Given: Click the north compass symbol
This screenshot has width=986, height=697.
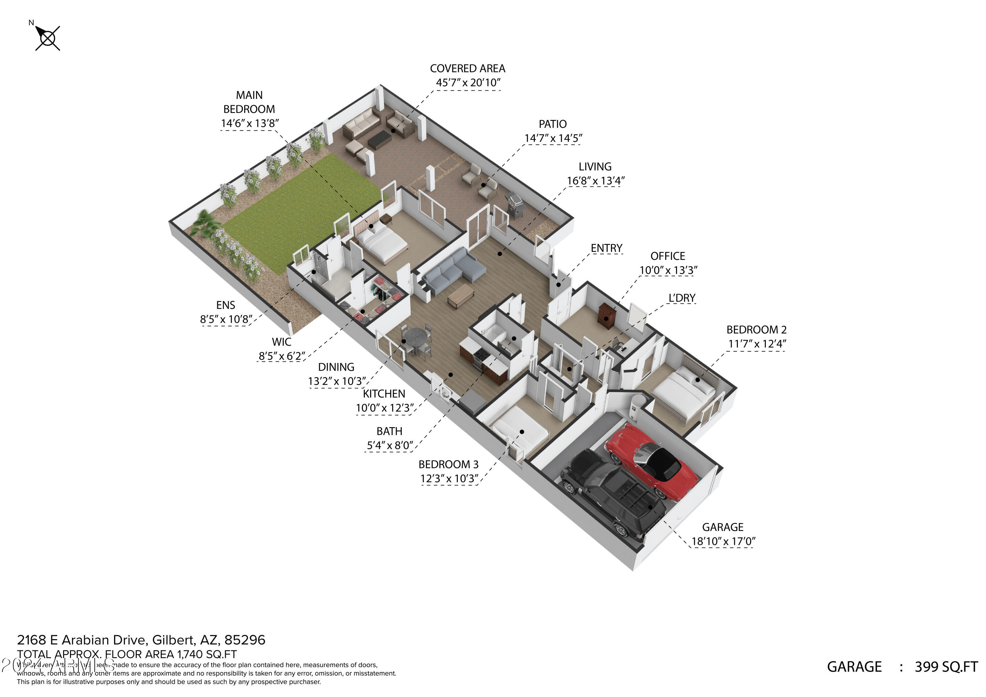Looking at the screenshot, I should point(47,38).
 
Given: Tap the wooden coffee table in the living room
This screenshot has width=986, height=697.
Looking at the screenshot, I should point(461,295).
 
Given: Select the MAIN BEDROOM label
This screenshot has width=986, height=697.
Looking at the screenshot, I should point(249,102).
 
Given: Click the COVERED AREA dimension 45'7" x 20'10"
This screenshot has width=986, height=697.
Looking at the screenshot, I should point(468,83).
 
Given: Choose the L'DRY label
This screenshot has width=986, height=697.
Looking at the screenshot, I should point(682,298).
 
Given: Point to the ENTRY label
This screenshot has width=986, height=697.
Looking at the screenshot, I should point(606,248).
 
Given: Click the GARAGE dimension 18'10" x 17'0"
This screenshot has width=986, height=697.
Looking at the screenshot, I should point(723,542).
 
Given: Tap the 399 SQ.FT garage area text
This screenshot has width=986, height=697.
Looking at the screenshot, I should point(946,667).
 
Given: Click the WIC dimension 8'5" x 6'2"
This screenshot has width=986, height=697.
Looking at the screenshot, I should point(282,356).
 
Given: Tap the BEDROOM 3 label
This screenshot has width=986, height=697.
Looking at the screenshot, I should point(448,464).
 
